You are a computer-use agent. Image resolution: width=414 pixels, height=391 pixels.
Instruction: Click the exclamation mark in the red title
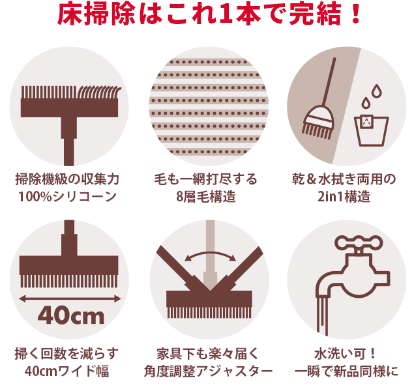pyautogui.click(x=355, y=14)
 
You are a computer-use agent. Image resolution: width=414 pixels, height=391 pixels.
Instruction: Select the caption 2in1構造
pyautogui.click(x=344, y=195)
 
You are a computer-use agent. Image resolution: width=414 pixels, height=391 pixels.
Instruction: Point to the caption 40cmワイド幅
pyautogui.click(x=68, y=371)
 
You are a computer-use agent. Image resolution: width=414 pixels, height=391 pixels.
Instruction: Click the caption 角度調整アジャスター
pyautogui.click(x=208, y=371)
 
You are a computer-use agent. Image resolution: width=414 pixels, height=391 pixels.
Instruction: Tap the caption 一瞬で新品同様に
pyautogui.click(x=346, y=371)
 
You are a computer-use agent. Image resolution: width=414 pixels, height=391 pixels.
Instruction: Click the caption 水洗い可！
pyautogui.click(x=346, y=354)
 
